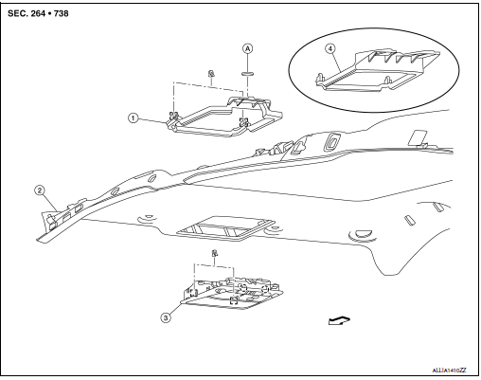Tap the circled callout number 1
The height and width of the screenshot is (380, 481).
coord(134,118)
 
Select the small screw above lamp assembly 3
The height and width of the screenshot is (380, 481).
coord(216,254)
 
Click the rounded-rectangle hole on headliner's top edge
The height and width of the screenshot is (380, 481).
coord(333,143)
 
